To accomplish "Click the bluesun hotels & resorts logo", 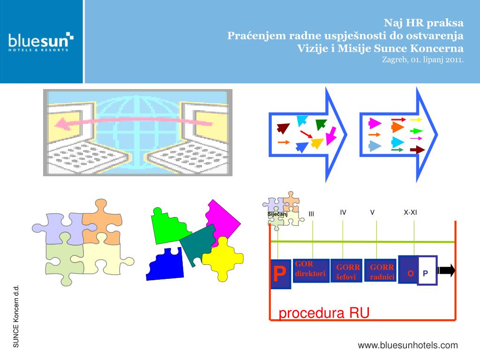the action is [41, 41].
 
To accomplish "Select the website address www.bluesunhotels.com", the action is [408, 345].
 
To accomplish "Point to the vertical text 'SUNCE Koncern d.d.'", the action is [16, 316].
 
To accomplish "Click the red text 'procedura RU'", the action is [324, 313].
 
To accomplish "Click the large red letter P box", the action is [280, 273].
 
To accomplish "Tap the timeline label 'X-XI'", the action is [410, 212].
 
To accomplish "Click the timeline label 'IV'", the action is [343, 212].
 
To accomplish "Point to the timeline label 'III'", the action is [311, 214].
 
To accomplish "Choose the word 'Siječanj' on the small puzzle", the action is [277, 214].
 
